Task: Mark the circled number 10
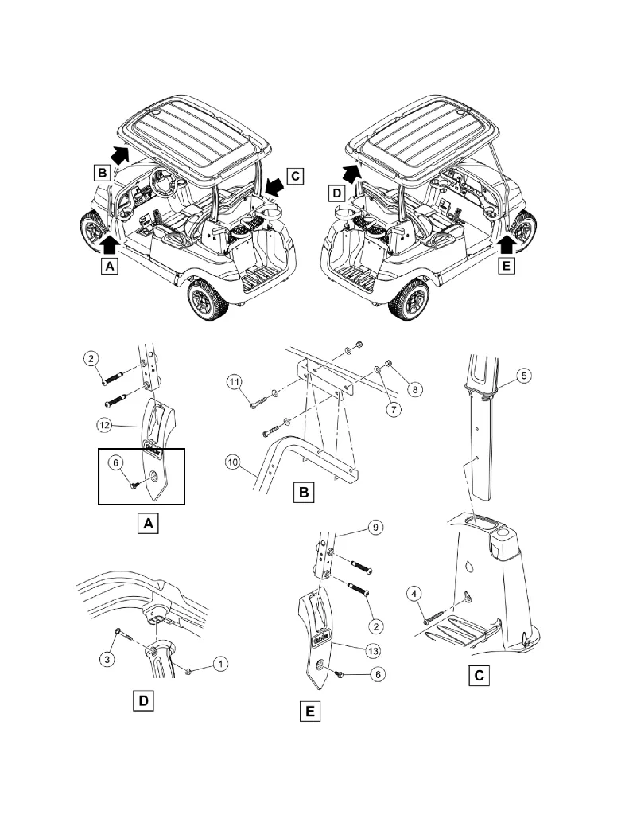point(235,461)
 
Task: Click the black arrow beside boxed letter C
point(275,186)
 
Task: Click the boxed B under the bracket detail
point(303,494)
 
